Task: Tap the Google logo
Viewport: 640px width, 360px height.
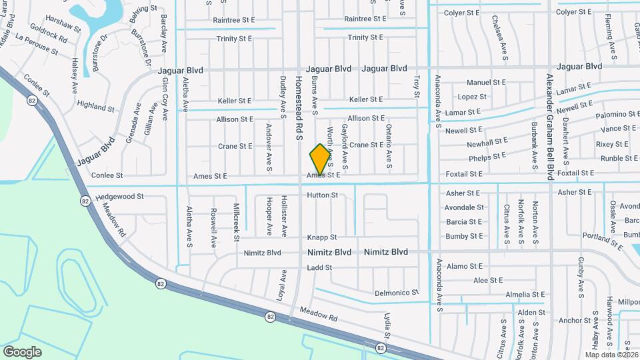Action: click(22, 351)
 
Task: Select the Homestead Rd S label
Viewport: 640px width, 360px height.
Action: click(299, 109)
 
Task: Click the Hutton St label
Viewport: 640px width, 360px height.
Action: click(323, 195)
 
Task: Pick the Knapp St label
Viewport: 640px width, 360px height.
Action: click(322, 237)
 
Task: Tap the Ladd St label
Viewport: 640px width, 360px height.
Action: click(319, 268)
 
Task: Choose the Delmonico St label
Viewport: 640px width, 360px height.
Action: click(397, 293)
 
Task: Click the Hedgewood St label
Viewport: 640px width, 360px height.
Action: click(119, 197)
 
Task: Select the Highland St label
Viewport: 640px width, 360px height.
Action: click(96, 105)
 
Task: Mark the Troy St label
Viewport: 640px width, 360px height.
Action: click(417, 87)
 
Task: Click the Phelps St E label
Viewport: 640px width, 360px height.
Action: click(488, 157)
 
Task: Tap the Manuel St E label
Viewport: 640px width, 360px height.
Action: click(487, 83)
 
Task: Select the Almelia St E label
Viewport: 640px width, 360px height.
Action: click(525, 295)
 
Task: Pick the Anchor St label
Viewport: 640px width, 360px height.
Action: click(571, 321)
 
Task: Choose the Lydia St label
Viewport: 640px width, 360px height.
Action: click(386, 325)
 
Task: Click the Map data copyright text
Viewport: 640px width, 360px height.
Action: click(612, 355)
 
